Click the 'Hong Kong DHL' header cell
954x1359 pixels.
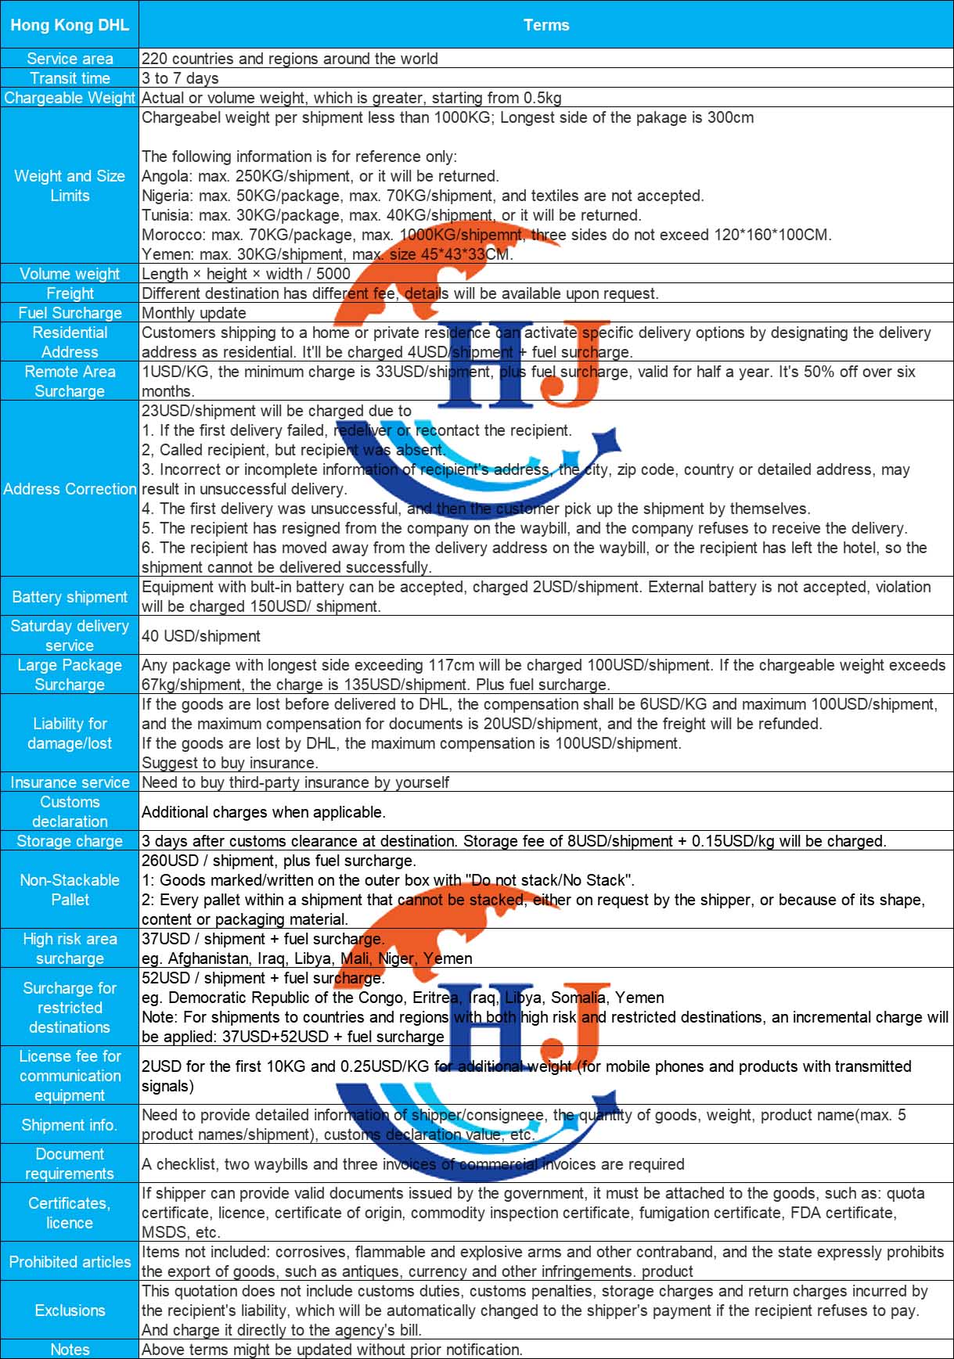(x=70, y=25)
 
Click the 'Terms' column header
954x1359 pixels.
(x=546, y=25)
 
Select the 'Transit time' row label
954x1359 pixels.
(x=70, y=78)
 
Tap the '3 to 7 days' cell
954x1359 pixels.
(x=180, y=78)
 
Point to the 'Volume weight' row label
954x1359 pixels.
(x=70, y=274)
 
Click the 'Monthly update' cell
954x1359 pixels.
(x=194, y=313)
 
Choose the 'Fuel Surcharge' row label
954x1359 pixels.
(x=70, y=313)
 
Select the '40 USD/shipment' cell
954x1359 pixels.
(x=201, y=636)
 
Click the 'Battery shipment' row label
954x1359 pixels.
(x=70, y=597)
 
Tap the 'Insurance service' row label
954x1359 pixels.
(x=70, y=782)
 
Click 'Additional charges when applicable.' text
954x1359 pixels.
(x=264, y=812)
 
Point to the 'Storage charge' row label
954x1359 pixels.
(x=70, y=841)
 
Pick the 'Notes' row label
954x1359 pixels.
(x=70, y=1350)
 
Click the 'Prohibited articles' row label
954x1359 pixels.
(x=70, y=1262)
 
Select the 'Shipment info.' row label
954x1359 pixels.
(x=70, y=1125)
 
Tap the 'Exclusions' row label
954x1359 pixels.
(x=70, y=1310)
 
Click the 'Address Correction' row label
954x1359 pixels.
(x=70, y=489)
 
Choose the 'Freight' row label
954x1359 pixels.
(x=70, y=293)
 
